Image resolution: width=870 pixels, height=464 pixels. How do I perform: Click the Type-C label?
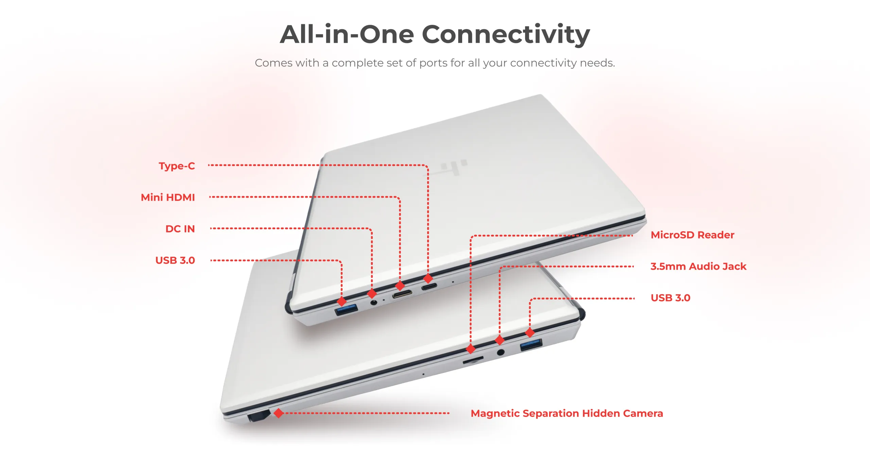[177, 166]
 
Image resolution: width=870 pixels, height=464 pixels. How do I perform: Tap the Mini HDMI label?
[168, 197]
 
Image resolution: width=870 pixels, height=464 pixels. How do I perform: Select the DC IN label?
[180, 229]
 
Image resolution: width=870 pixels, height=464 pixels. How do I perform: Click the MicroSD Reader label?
[692, 235]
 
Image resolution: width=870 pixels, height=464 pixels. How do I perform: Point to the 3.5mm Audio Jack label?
[698, 266]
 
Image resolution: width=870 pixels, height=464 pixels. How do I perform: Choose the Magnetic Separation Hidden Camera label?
[567, 413]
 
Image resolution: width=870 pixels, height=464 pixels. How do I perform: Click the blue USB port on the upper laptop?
[346, 310]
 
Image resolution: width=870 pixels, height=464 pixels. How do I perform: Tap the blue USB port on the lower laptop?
[531, 345]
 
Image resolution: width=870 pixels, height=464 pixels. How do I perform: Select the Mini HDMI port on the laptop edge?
[402, 294]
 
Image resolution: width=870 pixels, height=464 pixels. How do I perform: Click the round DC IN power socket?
[373, 302]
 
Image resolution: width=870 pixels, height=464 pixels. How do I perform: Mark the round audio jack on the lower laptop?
[500, 352]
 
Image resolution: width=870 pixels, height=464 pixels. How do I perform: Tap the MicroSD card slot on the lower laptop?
[473, 360]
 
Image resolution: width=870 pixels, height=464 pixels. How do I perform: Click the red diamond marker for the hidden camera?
[279, 413]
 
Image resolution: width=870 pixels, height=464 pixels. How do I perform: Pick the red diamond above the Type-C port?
[428, 278]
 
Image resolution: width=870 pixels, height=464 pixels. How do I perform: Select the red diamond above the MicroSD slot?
[471, 349]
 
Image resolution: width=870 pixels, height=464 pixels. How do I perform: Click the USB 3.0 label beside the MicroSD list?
[670, 298]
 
